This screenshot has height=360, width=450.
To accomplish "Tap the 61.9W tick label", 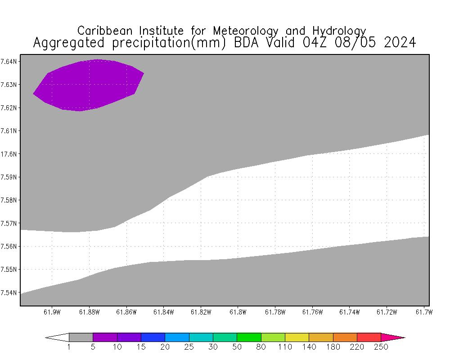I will click(52, 312).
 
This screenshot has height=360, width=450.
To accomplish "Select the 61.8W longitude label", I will click(237, 312).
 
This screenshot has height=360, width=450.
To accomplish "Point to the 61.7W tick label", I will click(423, 312).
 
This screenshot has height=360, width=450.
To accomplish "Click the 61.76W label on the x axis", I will click(312, 312).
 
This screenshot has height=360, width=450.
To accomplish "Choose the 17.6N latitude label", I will click(9, 154).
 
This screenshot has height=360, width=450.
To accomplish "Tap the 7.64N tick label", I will click(9, 61).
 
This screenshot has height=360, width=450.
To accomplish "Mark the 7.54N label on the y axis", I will click(9, 293).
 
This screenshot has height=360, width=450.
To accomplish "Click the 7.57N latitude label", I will click(9, 223).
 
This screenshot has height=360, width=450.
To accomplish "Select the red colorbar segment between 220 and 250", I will click(369, 337).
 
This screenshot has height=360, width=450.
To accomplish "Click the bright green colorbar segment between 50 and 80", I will click(249, 337).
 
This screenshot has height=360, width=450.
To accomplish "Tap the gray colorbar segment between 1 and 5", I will click(81, 337).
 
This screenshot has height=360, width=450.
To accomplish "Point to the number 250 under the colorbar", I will click(381, 347).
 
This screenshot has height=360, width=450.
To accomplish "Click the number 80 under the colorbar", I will click(261, 347).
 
